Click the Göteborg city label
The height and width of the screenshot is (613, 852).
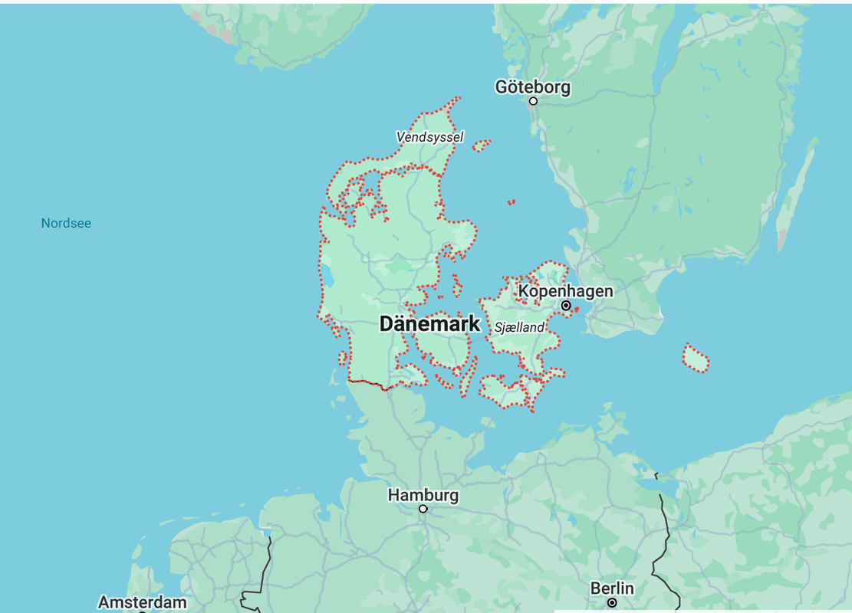532,87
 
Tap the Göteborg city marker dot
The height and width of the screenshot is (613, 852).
533,101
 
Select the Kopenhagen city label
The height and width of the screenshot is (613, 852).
565,291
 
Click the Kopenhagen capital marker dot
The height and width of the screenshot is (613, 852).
566,306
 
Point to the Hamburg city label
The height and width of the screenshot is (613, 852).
423,495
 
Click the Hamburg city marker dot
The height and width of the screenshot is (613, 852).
423,509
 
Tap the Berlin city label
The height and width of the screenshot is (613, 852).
612,588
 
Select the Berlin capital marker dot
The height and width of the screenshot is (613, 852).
612,603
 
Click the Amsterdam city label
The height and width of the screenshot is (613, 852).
142,602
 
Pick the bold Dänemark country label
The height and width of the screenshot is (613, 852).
429,324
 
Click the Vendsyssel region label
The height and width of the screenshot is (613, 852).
429,137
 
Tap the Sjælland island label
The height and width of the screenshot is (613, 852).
519,328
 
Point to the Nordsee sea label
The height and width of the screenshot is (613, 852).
66,224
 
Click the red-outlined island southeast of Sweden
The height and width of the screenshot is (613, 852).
695,358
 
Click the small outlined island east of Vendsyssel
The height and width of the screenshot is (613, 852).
481,146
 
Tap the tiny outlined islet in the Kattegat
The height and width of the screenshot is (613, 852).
511,202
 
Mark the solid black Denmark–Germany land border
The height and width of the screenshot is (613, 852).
368,382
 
